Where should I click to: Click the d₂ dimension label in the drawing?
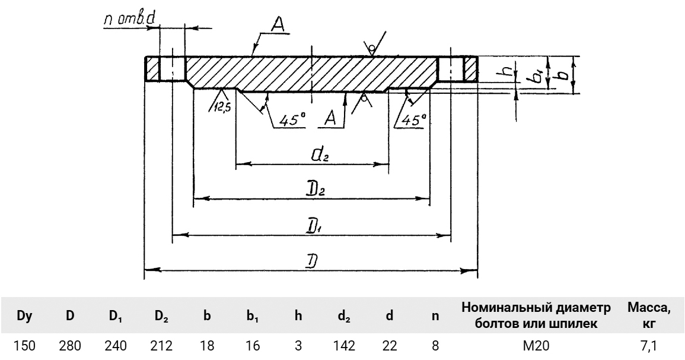(x=319, y=156)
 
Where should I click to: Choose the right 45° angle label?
(x=413, y=119)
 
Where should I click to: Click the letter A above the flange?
(x=278, y=24)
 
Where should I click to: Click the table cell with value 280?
(x=70, y=345)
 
